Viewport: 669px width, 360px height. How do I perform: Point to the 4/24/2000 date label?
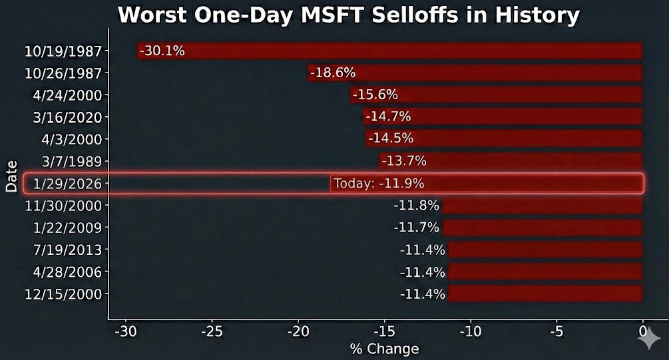pyautogui.click(x=67, y=95)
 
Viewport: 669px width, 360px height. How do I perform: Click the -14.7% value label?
pyautogui.click(x=387, y=117)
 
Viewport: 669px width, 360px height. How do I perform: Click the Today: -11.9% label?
pyautogui.click(x=378, y=184)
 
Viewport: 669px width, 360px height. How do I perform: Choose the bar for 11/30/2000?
pyautogui.click(x=543, y=206)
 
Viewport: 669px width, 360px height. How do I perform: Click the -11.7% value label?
pyautogui.click(x=416, y=228)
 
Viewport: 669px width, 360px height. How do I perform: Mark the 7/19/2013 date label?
pyautogui.click(x=67, y=250)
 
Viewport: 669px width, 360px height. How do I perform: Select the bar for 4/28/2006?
pyautogui.click(x=546, y=272)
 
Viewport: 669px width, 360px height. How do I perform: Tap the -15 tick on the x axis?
pyautogui.click(x=384, y=331)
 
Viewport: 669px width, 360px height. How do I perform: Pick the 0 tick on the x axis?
pyautogui.click(x=643, y=331)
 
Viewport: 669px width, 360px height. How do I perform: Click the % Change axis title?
pyautogui.click(x=384, y=349)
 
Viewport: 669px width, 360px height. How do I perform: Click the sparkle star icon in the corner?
pyautogui.click(x=649, y=339)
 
